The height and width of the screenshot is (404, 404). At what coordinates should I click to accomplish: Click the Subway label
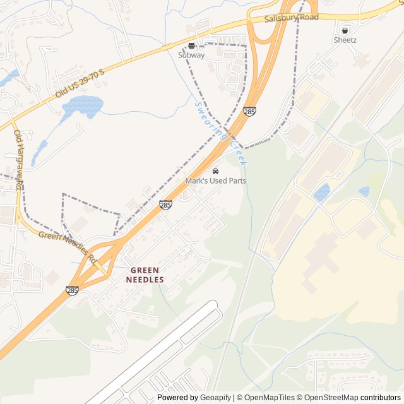(191, 55)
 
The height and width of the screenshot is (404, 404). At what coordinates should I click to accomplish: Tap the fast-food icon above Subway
(191, 45)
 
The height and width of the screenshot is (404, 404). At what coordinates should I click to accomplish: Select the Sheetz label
(345, 40)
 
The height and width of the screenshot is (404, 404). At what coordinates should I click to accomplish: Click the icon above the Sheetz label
(345, 30)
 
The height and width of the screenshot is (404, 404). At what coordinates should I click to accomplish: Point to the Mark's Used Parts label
(216, 181)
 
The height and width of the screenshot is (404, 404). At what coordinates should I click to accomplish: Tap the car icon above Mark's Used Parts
(216, 171)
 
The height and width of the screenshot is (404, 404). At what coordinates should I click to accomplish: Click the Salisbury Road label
(291, 18)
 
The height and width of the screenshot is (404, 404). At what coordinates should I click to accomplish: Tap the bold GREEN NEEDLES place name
(147, 275)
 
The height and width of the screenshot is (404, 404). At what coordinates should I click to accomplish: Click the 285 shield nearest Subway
(250, 112)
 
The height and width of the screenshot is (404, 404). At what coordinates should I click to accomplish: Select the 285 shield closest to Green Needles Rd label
(73, 291)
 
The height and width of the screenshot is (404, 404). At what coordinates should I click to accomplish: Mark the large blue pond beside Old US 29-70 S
(82, 107)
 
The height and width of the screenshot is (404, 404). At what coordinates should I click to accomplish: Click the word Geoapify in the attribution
(215, 398)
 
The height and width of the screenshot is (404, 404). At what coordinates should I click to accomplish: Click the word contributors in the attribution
(381, 398)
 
